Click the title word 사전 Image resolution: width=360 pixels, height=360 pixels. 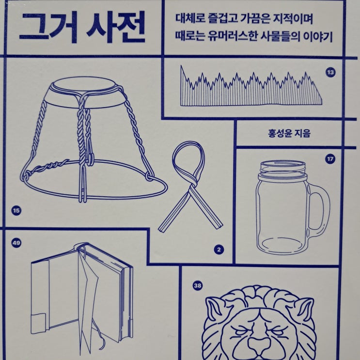116,27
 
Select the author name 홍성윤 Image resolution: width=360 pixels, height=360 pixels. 278,133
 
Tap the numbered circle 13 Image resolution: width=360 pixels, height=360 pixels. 330,73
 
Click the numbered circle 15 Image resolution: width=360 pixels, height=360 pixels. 16,211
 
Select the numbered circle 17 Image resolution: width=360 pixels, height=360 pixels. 330,159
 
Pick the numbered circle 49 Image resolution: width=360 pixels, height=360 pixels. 16,243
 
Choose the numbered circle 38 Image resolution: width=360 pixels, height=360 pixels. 198,285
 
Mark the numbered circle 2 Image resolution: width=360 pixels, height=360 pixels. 219,250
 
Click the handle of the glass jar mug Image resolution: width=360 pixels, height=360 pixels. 326,206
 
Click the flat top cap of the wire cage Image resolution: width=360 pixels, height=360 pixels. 85,83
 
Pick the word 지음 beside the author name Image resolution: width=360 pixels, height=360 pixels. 301,133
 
